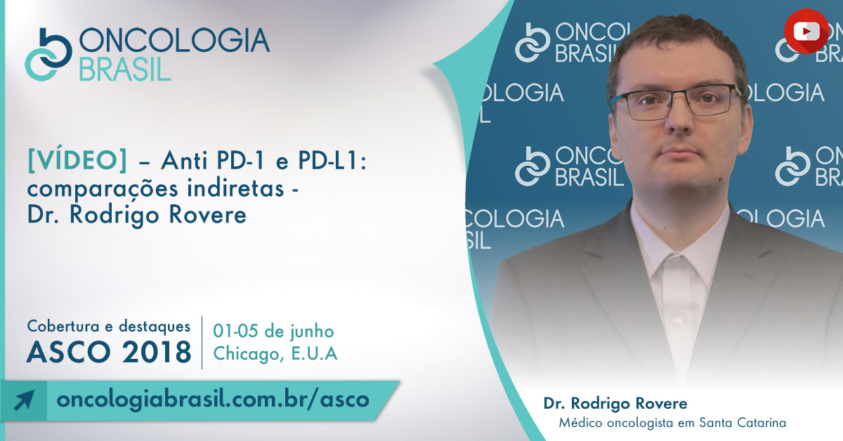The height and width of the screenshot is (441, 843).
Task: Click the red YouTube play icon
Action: (x=806, y=31)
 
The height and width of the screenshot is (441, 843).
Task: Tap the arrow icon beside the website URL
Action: (x=24, y=400)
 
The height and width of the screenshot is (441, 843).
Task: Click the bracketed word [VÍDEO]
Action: (x=77, y=161)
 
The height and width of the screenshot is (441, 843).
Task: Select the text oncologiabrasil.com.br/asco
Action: (x=213, y=400)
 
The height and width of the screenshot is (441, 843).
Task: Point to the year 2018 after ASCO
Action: (x=157, y=353)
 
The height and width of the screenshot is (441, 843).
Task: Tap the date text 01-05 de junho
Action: (x=273, y=331)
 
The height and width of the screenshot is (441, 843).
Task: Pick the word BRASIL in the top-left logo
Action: (x=125, y=70)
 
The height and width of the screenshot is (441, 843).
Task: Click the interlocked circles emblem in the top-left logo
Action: (x=48, y=55)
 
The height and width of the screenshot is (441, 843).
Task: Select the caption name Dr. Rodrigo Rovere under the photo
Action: (x=615, y=403)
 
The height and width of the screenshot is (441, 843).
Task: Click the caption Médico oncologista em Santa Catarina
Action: (x=672, y=423)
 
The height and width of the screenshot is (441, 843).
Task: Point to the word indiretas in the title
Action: (x=235, y=188)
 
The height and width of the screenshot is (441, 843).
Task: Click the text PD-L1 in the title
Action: (x=329, y=161)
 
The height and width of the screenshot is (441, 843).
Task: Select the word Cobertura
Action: (x=63, y=327)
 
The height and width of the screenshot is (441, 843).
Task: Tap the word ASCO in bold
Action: (x=69, y=353)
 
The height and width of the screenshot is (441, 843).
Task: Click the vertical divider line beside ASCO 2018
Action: (x=202, y=343)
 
